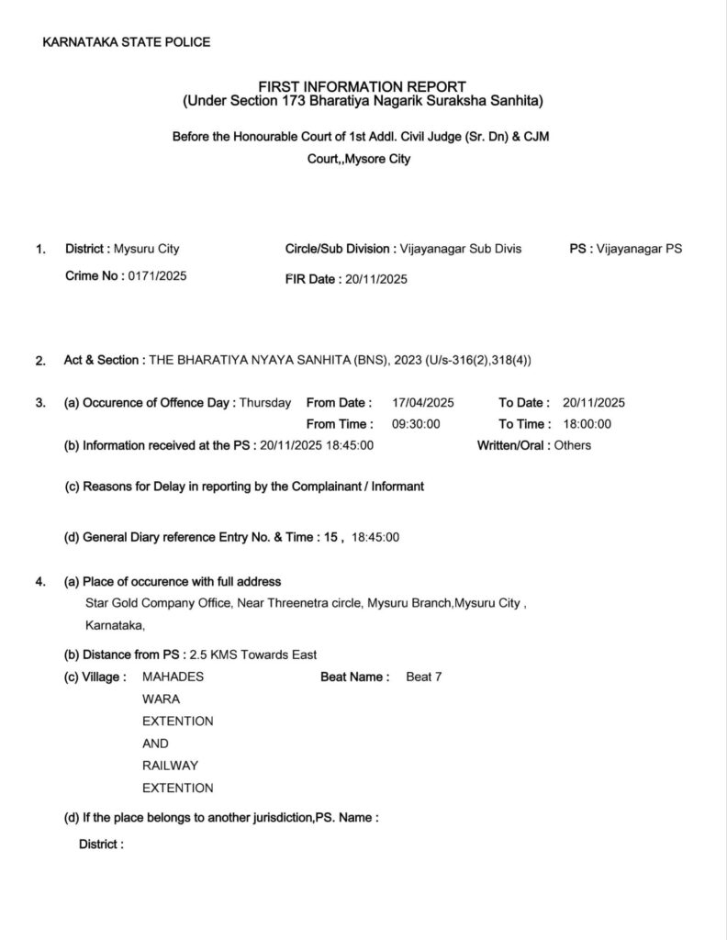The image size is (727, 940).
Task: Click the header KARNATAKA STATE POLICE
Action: tap(127, 41)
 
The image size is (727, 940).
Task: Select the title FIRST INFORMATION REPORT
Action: tap(363, 86)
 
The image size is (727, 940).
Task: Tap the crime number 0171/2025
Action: tap(157, 275)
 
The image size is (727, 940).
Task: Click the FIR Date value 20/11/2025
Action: tap(375, 279)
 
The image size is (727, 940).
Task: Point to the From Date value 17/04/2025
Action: tap(422, 402)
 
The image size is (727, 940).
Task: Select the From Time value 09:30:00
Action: tap(416, 424)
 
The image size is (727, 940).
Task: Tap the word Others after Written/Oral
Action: tap(573, 445)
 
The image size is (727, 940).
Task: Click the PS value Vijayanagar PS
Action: tap(639, 249)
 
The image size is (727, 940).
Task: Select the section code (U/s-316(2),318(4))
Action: tap(477, 360)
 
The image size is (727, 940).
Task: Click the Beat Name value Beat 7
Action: tap(424, 677)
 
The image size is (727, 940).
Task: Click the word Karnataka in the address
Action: tap(113, 626)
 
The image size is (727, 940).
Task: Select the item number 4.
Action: tap(40, 582)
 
